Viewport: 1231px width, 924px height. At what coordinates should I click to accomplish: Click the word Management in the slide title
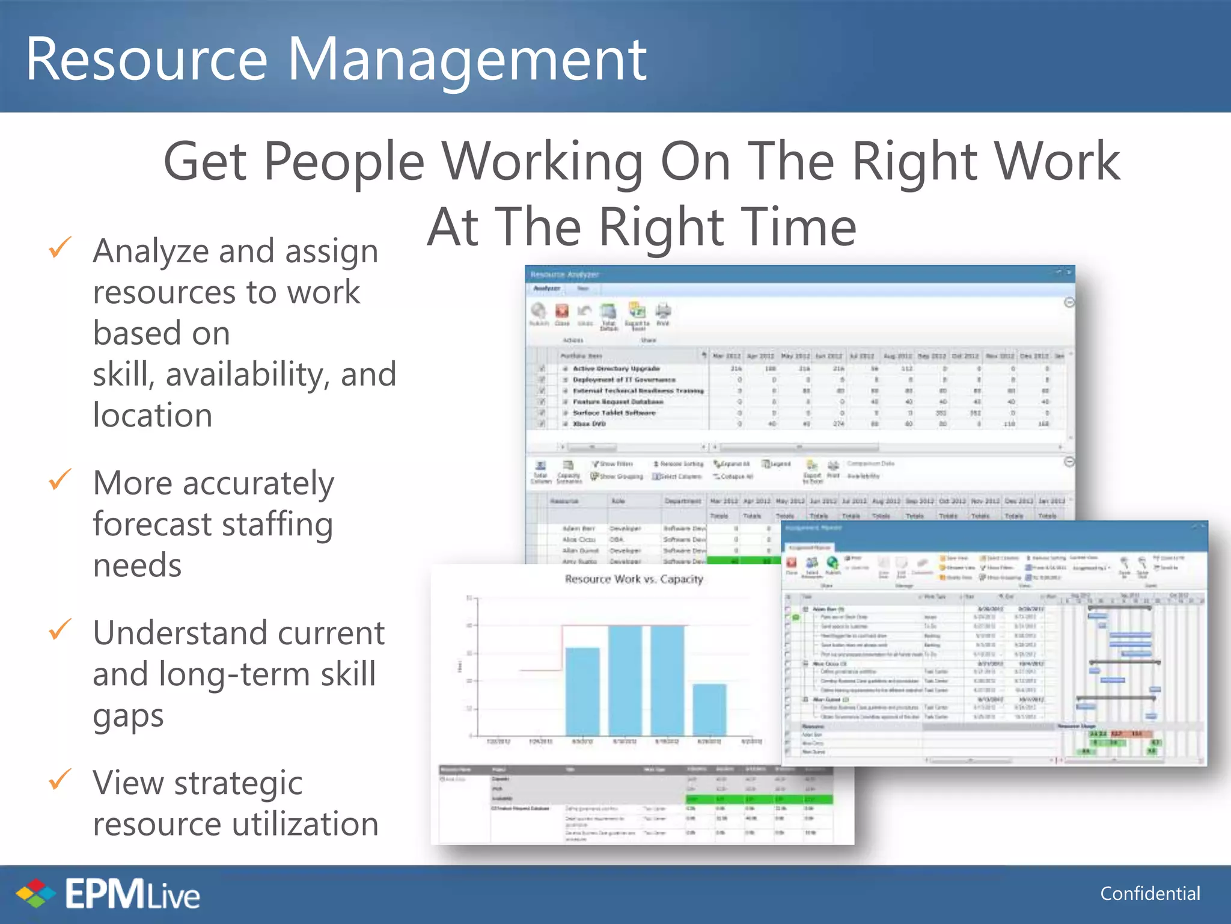(467, 60)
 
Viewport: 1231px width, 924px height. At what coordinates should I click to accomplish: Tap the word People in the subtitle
(344, 161)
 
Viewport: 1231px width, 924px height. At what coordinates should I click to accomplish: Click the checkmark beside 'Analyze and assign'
(60, 247)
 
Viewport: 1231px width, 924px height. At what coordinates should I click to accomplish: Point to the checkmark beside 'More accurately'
(60, 479)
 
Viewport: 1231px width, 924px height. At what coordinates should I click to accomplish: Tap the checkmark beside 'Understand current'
(60, 629)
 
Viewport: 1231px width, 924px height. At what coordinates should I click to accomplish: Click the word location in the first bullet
(153, 415)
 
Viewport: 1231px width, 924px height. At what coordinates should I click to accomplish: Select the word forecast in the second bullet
(152, 524)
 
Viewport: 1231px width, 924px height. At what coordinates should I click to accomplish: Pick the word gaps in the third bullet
(128, 716)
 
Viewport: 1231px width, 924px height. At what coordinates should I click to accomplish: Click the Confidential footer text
(1150, 893)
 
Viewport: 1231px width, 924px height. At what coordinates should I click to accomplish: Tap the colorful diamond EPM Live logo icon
(35, 893)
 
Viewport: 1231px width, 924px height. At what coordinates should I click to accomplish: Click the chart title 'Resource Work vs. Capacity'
(634, 579)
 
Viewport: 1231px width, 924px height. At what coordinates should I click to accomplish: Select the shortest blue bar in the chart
(709, 710)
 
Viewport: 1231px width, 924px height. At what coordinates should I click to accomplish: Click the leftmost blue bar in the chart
(582, 692)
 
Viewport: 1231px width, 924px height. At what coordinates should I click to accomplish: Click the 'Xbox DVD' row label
(589, 424)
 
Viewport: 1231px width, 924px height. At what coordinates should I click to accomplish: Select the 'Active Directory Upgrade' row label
(616, 368)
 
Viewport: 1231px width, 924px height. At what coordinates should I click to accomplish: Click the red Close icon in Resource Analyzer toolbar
(562, 311)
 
